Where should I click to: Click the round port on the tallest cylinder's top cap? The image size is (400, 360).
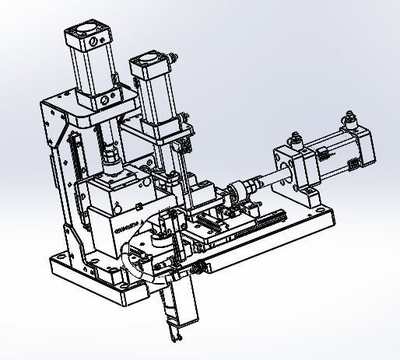coord(90,41)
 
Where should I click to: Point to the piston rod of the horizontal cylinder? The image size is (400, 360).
coord(268,178)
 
